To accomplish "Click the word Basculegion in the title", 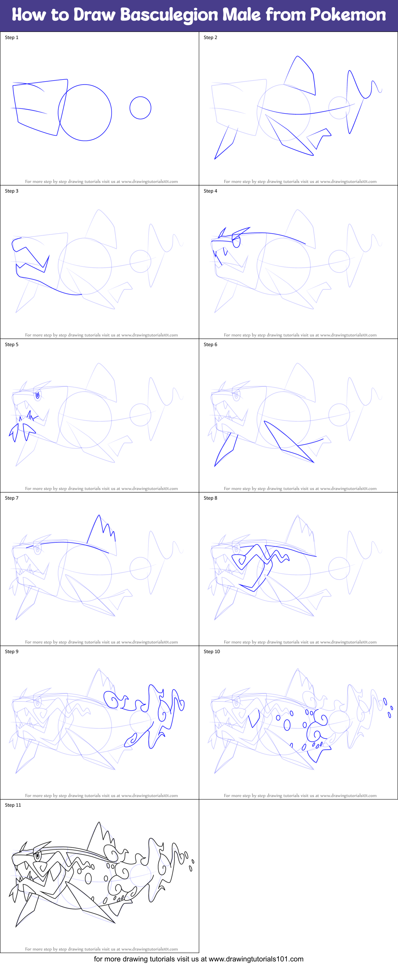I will click(x=169, y=15).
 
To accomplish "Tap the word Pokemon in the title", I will click(x=348, y=15).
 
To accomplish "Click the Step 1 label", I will click(x=12, y=37).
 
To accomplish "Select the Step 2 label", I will click(x=210, y=37).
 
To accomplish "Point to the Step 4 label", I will click(x=210, y=191).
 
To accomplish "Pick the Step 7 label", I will click(x=12, y=498).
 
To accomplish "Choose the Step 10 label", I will click(x=212, y=652).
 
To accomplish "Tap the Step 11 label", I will click(x=13, y=805).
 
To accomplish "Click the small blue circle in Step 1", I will click(x=140, y=108).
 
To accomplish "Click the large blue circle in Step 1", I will click(x=85, y=112).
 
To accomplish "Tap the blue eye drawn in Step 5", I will click(x=38, y=395).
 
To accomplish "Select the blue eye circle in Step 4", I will click(x=237, y=242).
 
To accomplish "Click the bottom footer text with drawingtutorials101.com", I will click(x=199, y=959).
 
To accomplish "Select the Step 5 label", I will click(x=12, y=345).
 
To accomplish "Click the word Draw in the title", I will click(x=94, y=15).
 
